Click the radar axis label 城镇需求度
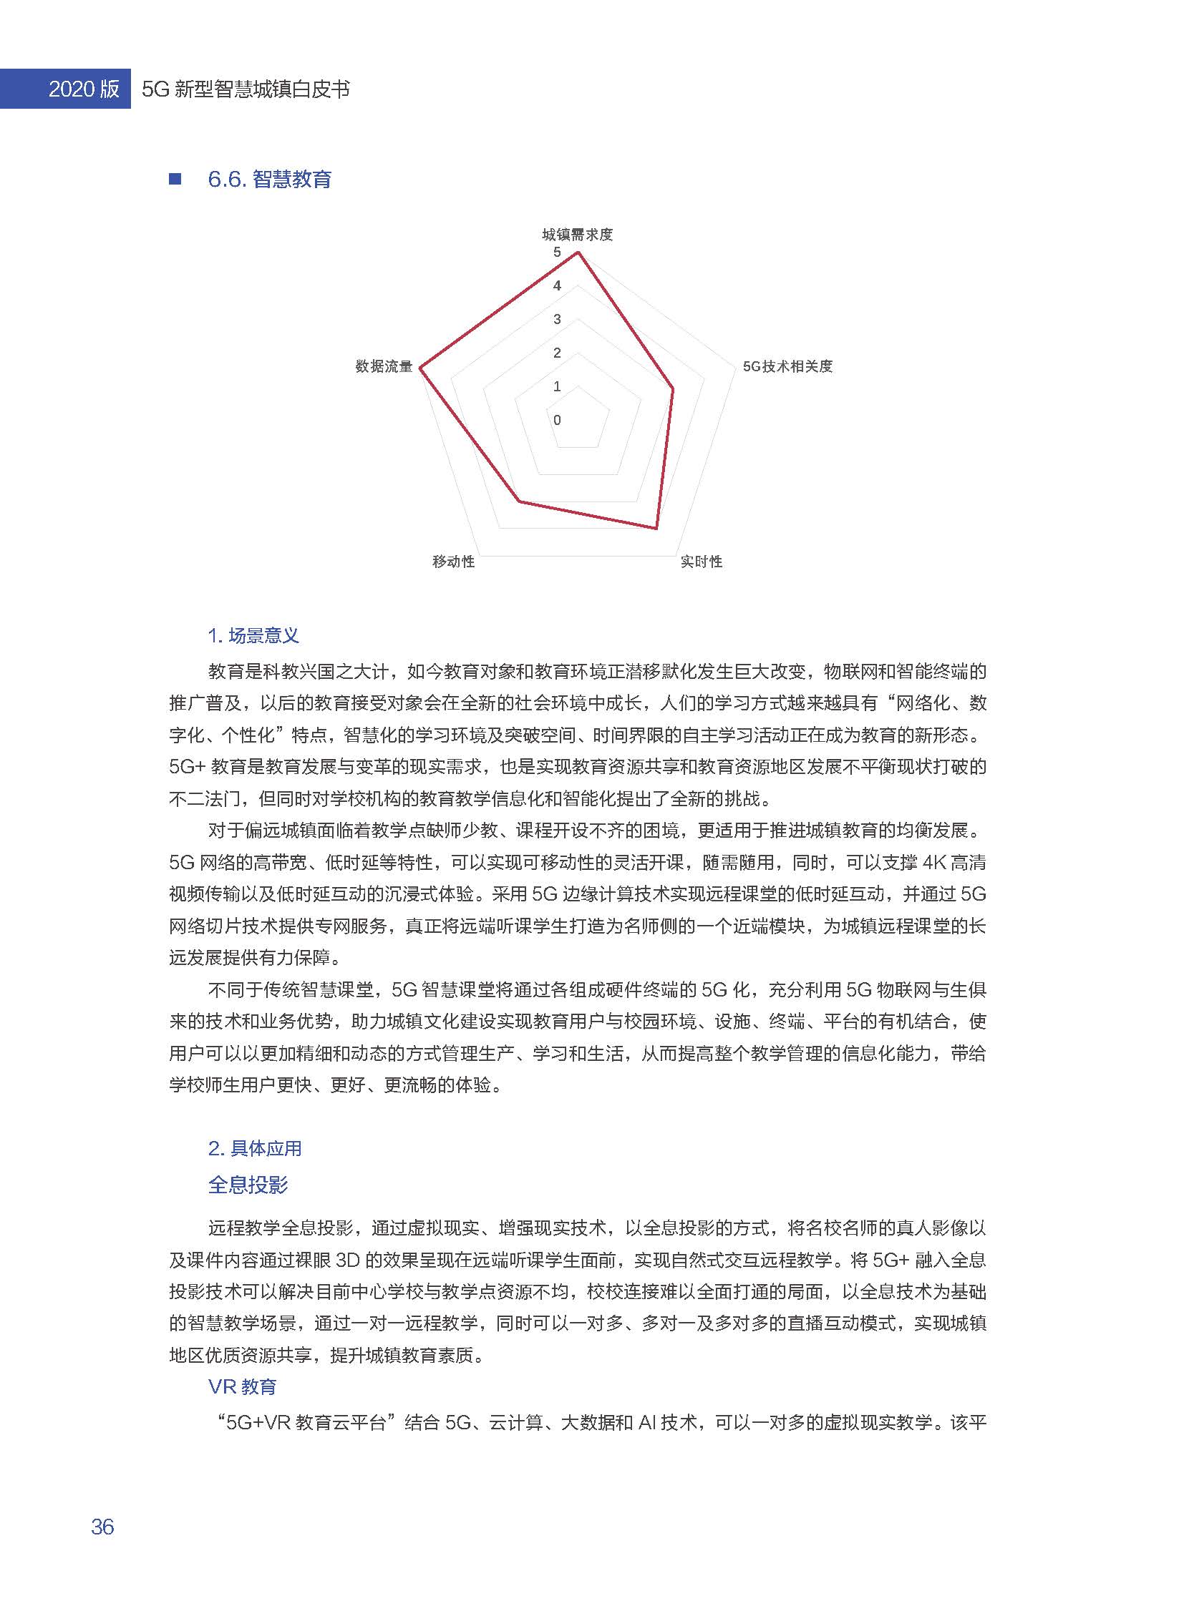tap(577, 234)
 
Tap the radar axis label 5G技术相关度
tap(787, 366)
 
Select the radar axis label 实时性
tap(701, 562)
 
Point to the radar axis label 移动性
tap(453, 562)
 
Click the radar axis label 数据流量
tap(384, 366)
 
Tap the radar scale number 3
tap(557, 320)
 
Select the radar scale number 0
tap(557, 420)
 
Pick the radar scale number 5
tap(557, 252)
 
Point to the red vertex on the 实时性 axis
tap(656, 528)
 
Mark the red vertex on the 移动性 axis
tap(519, 501)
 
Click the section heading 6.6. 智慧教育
tap(269, 179)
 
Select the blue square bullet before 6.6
tap(175, 179)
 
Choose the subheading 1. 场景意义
tap(253, 635)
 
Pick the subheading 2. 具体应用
tap(254, 1148)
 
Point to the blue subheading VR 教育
tap(242, 1387)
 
